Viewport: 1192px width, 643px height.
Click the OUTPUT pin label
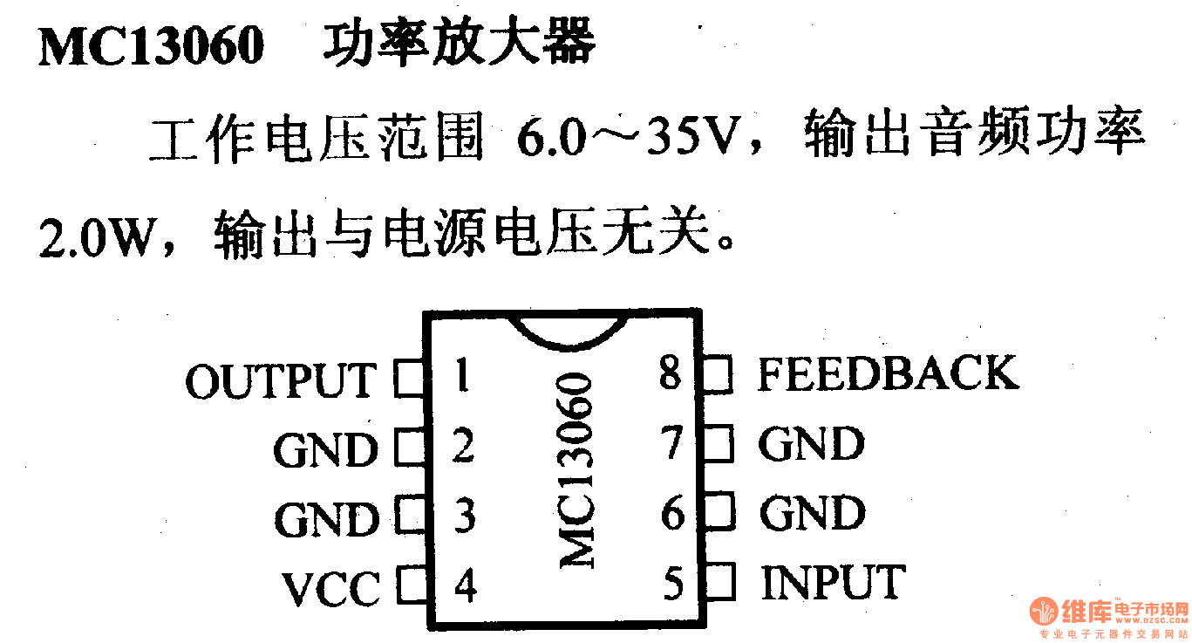280,381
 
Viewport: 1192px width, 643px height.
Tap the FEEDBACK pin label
888,373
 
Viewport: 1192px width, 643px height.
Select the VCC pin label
331,589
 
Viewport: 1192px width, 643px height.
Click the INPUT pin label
833,582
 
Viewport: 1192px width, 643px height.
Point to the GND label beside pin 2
326,450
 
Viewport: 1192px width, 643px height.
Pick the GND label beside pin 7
811,444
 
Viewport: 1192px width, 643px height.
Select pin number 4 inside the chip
466,585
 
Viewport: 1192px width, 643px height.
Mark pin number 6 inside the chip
673,514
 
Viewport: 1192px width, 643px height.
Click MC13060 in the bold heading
151,46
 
